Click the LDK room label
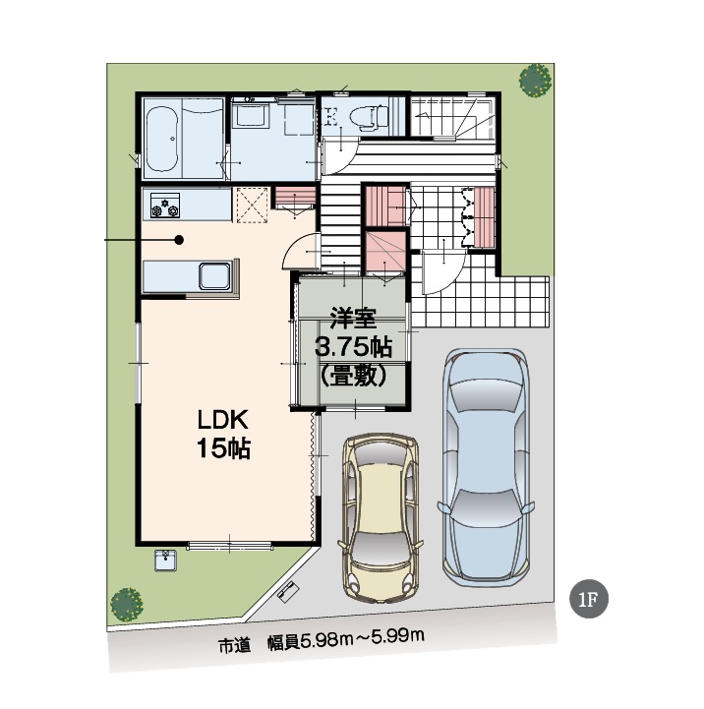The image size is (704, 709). point(223,420)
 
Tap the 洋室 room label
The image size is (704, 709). point(353,318)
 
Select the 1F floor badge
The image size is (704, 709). point(589,599)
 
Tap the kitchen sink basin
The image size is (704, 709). point(214,275)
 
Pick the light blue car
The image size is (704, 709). point(486,467)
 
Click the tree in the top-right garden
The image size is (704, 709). point(535,80)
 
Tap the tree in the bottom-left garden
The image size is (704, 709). point(127,604)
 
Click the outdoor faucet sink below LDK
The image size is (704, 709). point(165,561)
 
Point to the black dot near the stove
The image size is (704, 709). point(179,240)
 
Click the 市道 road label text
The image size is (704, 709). point(235,646)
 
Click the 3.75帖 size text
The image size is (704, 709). point(353,347)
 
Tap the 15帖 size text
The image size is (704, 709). point(223,448)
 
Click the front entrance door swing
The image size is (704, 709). point(443,272)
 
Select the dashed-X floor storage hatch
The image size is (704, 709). point(253,205)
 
